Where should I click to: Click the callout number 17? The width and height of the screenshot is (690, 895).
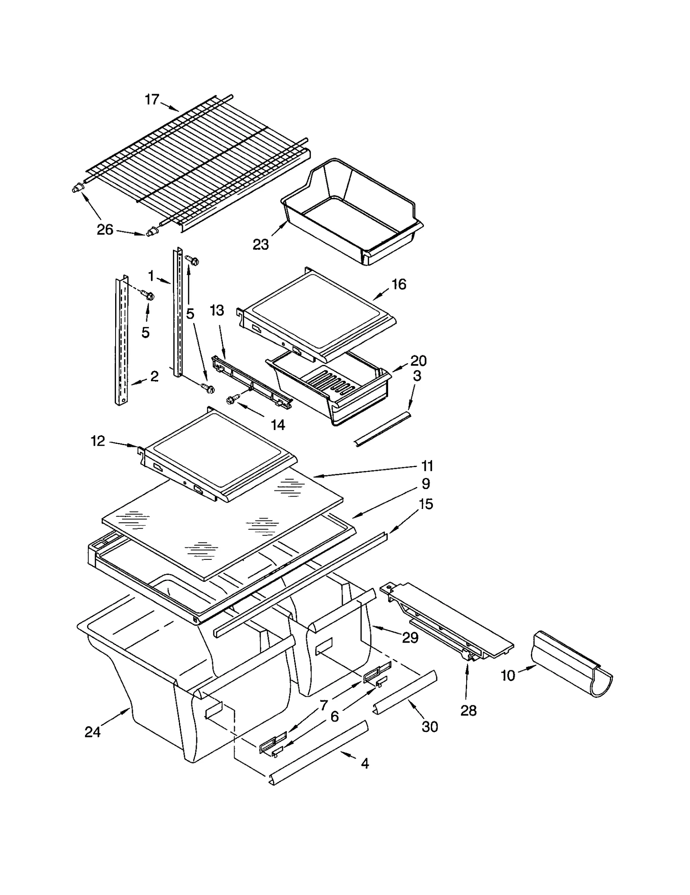pyautogui.click(x=152, y=100)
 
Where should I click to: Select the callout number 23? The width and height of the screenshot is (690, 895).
pyautogui.click(x=260, y=245)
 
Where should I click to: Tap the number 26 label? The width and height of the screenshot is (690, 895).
pyautogui.click(x=105, y=230)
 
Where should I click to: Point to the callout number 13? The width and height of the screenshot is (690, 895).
pyautogui.click(x=217, y=310)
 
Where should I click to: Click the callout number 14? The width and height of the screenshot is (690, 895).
pyautogui.click(x=278, y=425)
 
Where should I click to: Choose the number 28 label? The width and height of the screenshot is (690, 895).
pyautogui.click(x=468, y=710)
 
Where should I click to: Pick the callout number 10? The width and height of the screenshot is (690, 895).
pyautogui.click(x=508, y=675)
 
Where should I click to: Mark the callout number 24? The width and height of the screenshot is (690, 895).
pyautogui.click(x=92, y=732)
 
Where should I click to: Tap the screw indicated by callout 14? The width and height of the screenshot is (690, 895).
pyautogui.click(x=230, y=401)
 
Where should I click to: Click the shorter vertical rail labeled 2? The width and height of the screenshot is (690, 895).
pyautogui.click(x=122, y=341)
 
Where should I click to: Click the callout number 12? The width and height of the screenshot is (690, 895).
pyautogui.click(x=98, y=441)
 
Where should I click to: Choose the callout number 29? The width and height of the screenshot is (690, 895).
pyautogui.click(x=410, y=637)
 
